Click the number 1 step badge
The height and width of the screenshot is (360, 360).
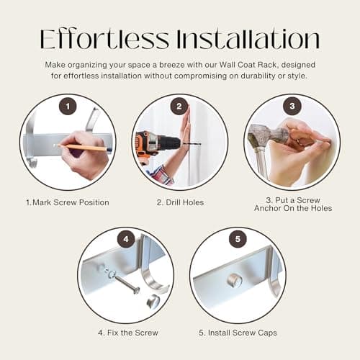point(68,107)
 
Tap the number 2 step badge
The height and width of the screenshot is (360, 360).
point(179,107)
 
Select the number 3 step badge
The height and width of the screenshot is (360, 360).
point(292,106)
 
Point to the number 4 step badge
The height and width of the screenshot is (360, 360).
point(126,239)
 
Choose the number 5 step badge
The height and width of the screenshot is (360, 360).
point(238,239)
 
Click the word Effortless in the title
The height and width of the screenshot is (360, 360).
point(104,39)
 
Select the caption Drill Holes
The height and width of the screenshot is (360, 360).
point(180,202)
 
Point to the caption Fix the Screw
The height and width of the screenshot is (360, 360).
point(128,333)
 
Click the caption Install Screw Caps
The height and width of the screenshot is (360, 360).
point(238,333)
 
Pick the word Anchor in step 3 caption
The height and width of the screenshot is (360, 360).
point(268,208)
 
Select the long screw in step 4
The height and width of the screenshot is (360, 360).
point(126,284)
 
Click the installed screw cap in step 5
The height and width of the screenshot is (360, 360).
point(235,280)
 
